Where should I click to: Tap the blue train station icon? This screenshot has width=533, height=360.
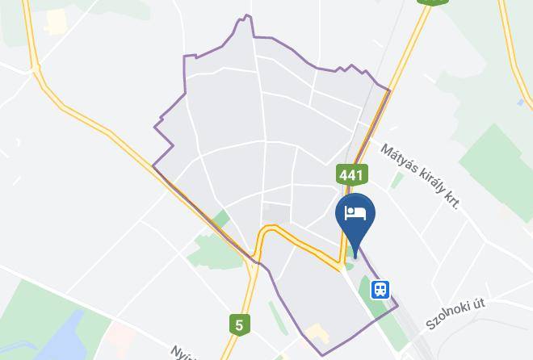pyautogui.click(x=380, y=289)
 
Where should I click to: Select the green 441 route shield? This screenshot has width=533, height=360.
pyautogui.click(x=352, y=174)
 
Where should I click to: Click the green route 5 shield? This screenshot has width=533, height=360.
pyautogui.click(x=238, y=324)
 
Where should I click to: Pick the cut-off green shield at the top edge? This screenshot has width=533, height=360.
pyautogui.click(x=434, y=2)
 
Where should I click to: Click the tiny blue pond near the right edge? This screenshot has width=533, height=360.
pyautogui.click(x=520, y=103)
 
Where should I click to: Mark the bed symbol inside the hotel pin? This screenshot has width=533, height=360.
pyautogui.click(x=355, y=213)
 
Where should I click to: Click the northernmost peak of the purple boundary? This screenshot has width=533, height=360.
pyautogui.click(x=247, y=16)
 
